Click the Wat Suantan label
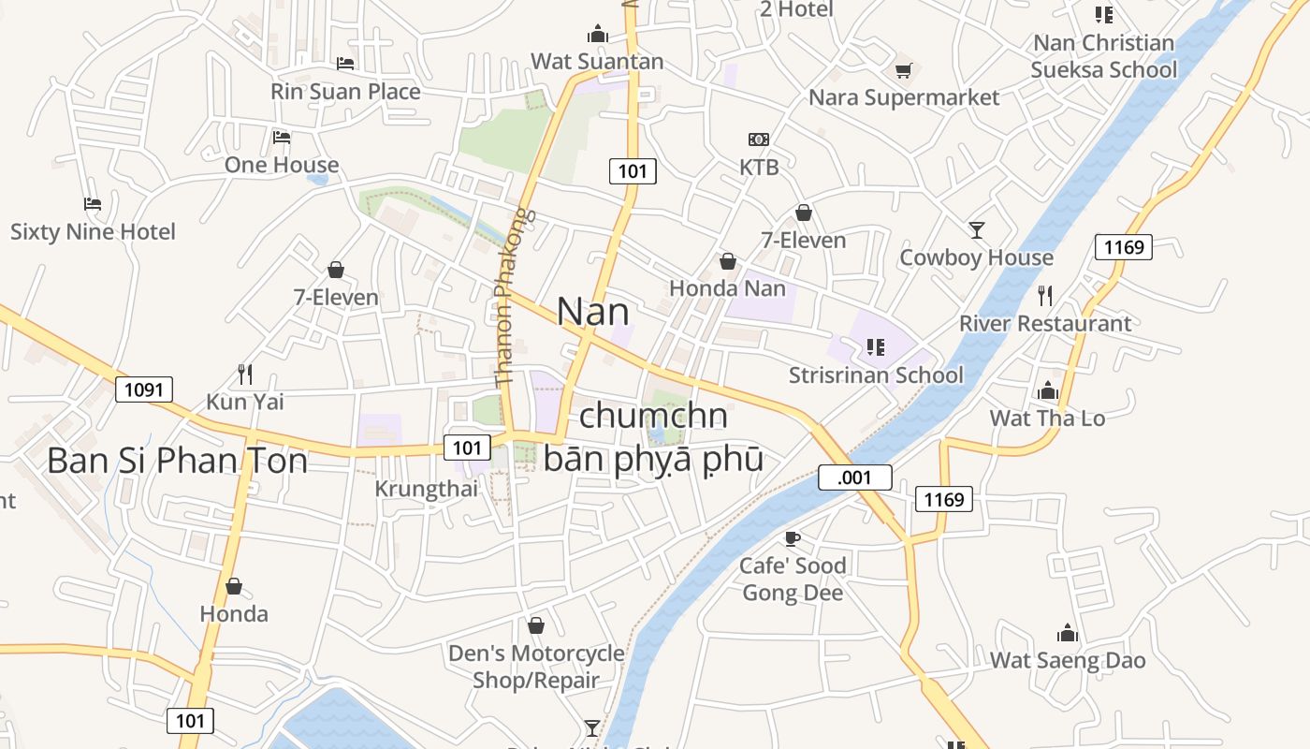pos(597,62)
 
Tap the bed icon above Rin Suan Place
pos(345,64)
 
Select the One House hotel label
pos(282,165)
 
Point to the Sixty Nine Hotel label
pos(93,231)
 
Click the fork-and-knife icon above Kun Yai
pos(245,374)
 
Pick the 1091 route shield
pos(144,389)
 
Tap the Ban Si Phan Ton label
pos(177,461)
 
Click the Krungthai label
pos(426,489)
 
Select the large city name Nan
pos(592,312)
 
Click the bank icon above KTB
pos(759,140)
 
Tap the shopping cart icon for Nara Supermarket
pos(903,70)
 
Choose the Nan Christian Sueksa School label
pos(1104,56)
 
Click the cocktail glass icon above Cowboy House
pos(977,229)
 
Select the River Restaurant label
pos(1045,324)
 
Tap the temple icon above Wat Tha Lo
pos(1048,390)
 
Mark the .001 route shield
pos(854,477)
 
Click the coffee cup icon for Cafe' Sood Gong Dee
pos(792,538)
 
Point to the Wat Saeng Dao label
pos(1068,660)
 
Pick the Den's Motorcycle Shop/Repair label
pos(536,667)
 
